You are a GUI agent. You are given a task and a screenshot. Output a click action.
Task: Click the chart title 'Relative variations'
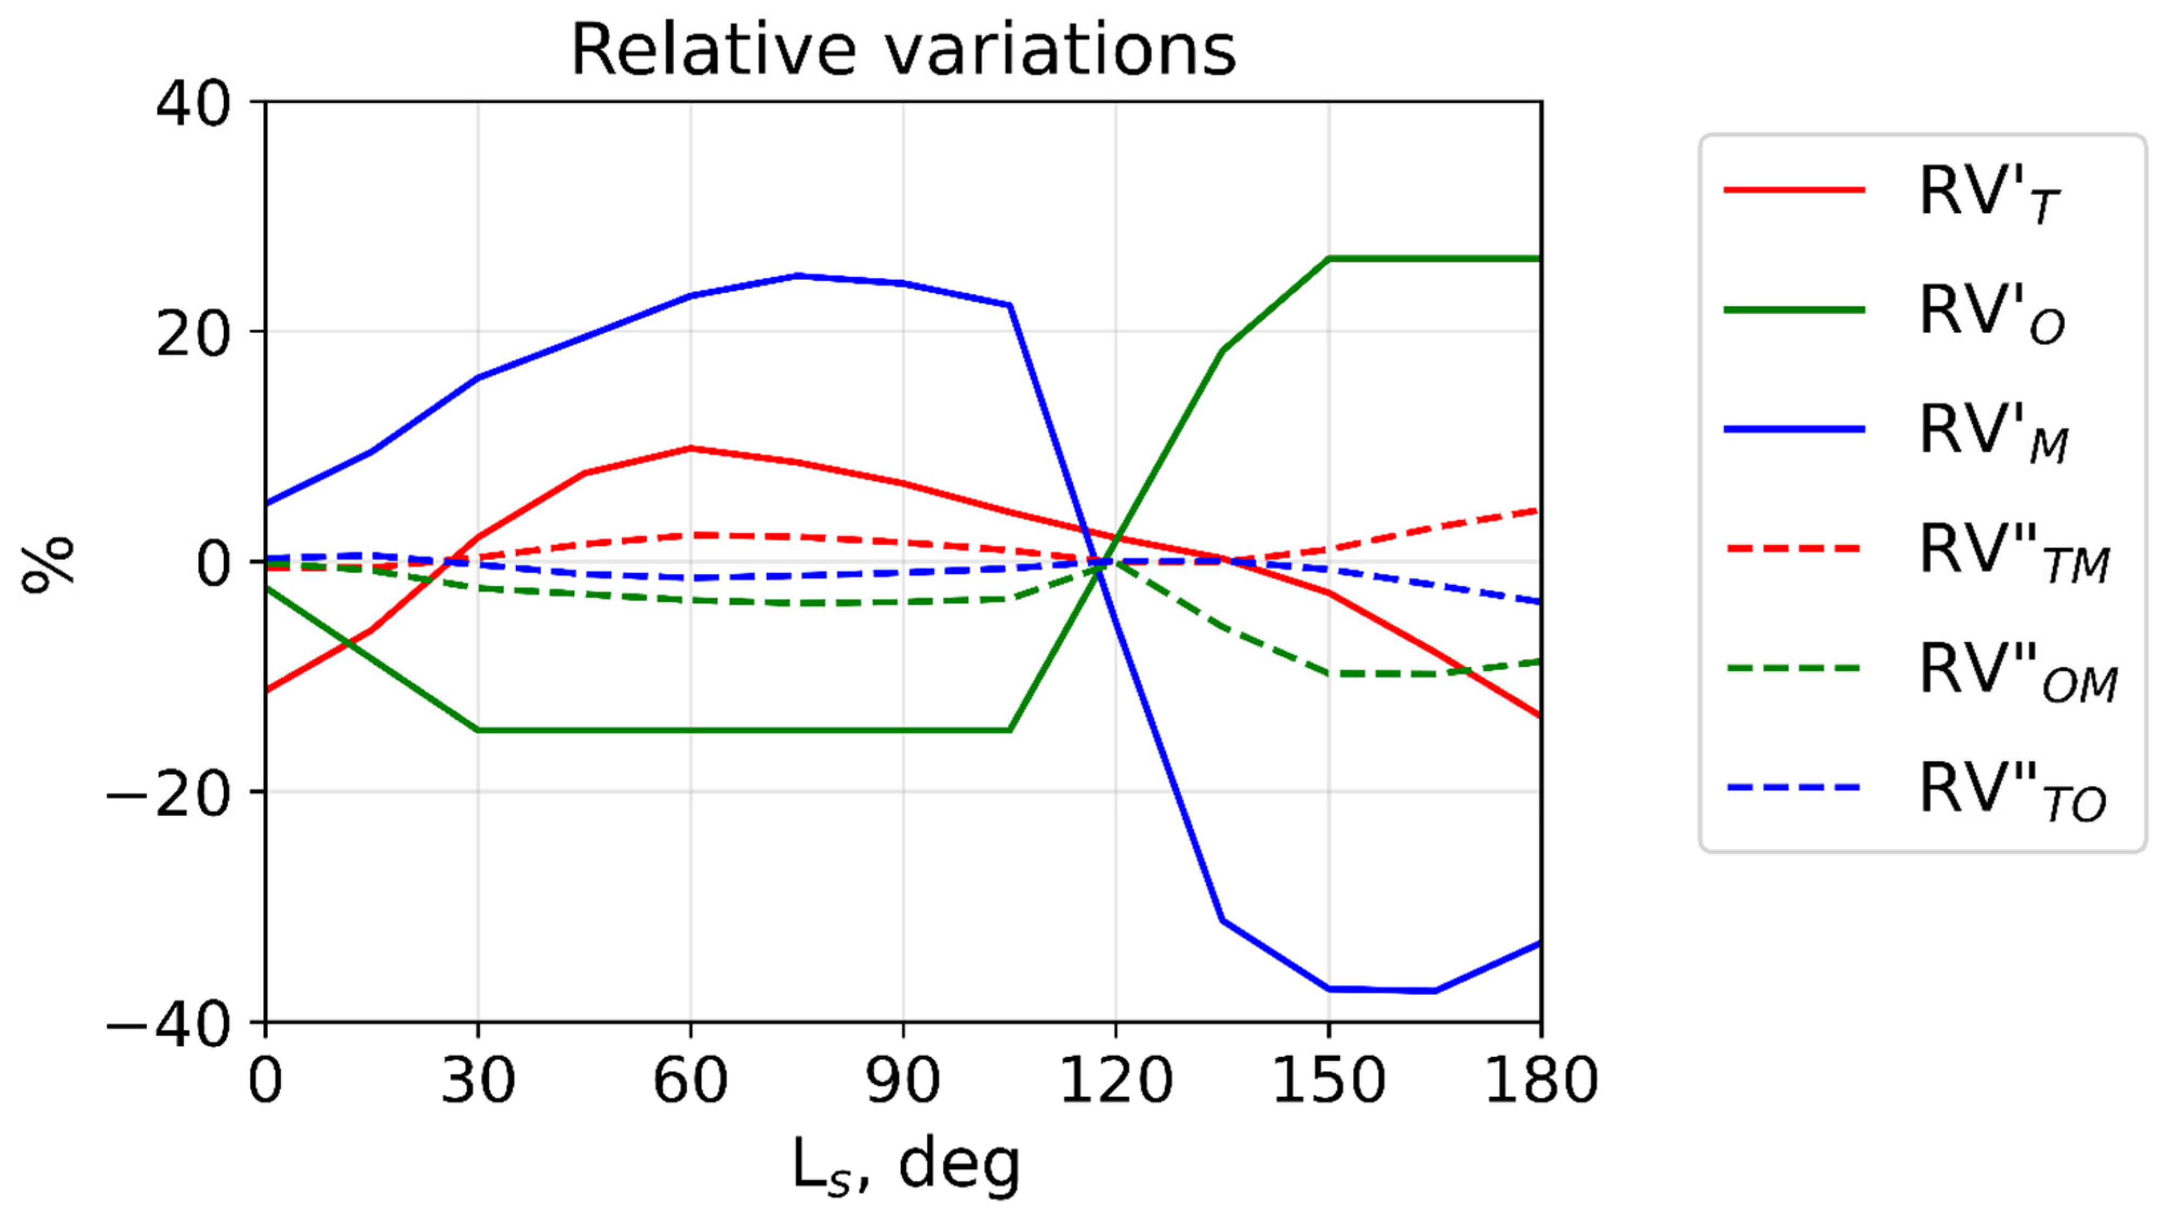pos(903,50)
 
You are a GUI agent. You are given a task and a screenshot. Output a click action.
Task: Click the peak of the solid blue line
pos(797,275)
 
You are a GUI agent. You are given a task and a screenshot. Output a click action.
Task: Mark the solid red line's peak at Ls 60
pos(691,448)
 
